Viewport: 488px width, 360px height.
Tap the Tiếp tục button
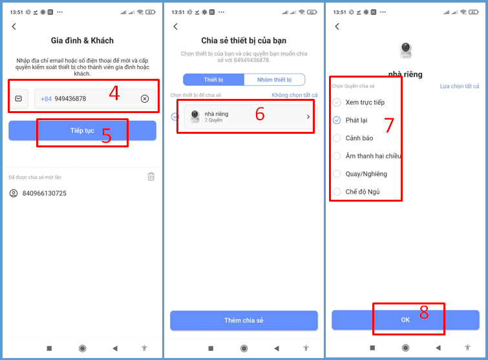click(82, 131)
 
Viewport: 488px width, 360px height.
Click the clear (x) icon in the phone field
click(145, 99)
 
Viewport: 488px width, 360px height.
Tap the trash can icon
click(151, 176)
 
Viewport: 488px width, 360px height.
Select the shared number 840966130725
click(44, 193)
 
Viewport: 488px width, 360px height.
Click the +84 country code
click(46, 99)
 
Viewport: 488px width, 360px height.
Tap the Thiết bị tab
click(213, 79)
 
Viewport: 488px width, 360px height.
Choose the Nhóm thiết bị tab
click(274, 79)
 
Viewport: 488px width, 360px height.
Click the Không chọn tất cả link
click(295, 95)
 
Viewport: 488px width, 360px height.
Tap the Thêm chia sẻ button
click(244, 320)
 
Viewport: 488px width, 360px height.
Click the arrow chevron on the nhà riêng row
click(308, 117)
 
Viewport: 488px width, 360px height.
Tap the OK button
click(405, 319)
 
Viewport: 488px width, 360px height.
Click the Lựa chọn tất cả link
click(460, 86)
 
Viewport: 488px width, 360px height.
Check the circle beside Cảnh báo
click(337, 138)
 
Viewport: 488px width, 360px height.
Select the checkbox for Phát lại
click(337, 120)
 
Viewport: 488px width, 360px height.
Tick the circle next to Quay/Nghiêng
click(337, 174)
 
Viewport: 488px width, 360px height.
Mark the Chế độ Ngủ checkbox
click(337, 192)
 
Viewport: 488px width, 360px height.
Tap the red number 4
click(114, 92)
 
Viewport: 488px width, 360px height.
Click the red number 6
click(260, 114)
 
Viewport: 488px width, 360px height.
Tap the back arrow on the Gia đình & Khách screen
click(14, 26)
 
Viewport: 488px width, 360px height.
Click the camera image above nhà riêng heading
click(405, 50)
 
